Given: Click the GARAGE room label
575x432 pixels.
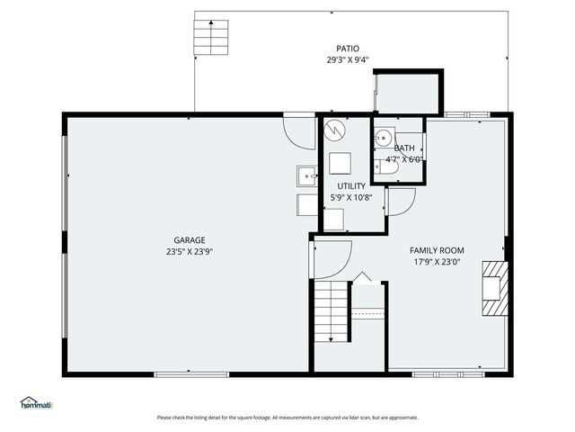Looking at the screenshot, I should click(x=190, y=240).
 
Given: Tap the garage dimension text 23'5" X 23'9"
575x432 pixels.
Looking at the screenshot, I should click(x=190, y=252).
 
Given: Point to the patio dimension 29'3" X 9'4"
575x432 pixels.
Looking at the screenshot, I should click(x=349, y=60).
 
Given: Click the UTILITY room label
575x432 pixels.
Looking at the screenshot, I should click(x=351, y=186).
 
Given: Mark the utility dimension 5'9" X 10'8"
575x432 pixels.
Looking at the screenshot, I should click(x=351, y=198).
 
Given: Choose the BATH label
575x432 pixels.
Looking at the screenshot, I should click(x=404, y=148).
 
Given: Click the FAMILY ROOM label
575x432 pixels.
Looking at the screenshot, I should click(x=437, y=250).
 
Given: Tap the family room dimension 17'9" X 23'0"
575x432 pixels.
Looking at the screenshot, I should click(x=437, y=263).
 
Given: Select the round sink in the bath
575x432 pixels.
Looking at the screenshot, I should click(x=383, y=138).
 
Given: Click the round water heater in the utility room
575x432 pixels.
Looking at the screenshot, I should click(x=333, y=130).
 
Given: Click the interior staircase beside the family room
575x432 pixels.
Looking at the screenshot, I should click(x=331, y=310).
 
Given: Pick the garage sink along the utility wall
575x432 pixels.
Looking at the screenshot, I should click(x=307, y=175).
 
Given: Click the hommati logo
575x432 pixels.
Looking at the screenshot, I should click(x=37, y=402).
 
